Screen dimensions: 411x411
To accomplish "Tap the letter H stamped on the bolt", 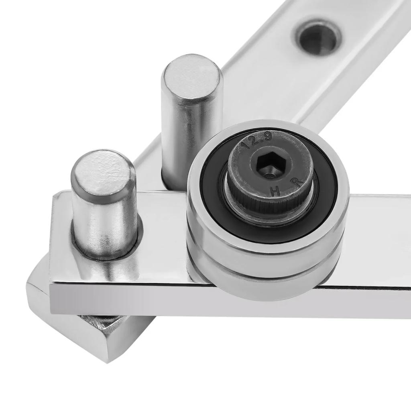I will click(x=275, y=191).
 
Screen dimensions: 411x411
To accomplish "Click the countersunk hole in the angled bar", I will click(x=319, y=38).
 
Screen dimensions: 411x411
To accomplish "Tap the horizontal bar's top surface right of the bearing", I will click(x=377, y=233).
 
